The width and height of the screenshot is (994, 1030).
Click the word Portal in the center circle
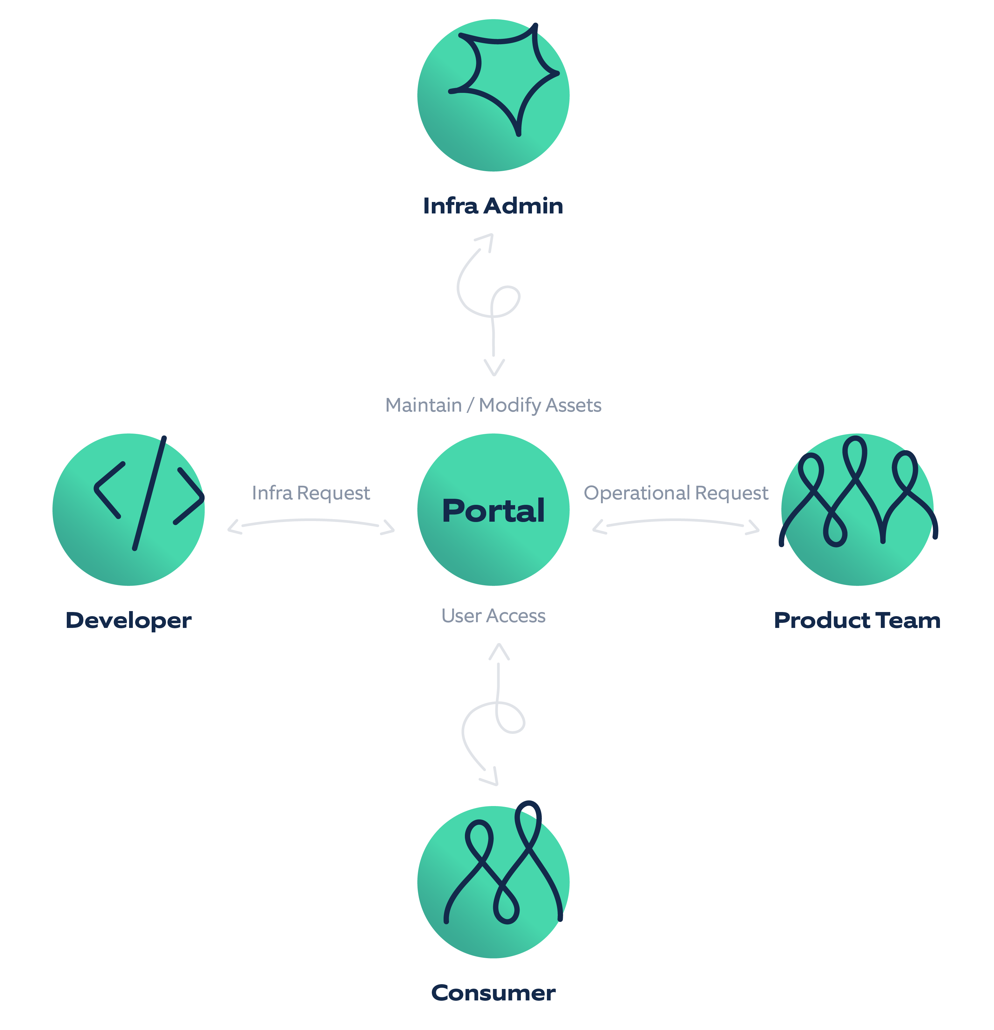[493, 511]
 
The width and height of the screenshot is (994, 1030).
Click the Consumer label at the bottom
[493, 993]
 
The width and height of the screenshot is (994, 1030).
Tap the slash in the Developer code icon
[149, 493]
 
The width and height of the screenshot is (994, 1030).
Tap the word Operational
[636, 493]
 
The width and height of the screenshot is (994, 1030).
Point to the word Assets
[574, 405]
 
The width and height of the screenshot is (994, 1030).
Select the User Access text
[493, 616]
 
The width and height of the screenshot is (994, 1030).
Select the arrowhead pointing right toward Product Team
[754, 527]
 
